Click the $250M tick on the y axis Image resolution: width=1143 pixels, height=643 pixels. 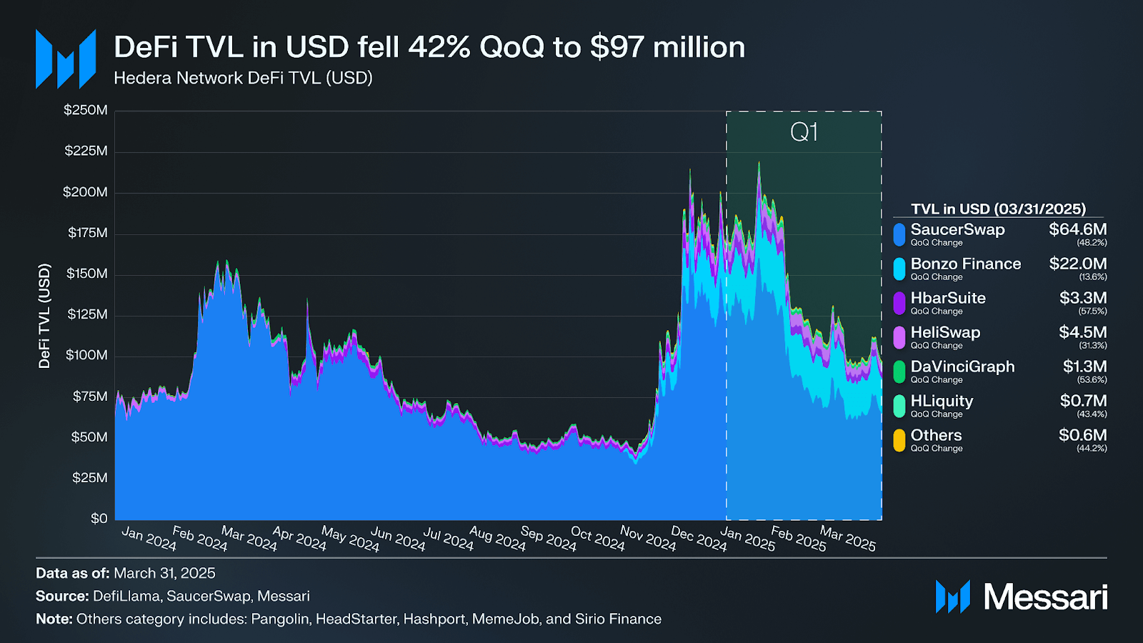86,110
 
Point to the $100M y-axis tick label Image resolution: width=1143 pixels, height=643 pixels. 86,355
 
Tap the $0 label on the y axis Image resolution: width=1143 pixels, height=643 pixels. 99,518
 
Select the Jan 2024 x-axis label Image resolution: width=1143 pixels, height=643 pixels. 149,538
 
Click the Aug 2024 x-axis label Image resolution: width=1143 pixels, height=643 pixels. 497,538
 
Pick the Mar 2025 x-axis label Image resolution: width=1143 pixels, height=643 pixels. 847,538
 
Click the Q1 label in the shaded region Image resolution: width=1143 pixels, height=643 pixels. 804,132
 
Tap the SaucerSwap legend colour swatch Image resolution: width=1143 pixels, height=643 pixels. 899,234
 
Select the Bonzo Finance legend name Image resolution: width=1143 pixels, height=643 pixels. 966,264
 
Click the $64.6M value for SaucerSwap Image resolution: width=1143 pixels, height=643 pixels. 1077,229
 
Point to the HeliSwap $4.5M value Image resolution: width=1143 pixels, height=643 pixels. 1082,332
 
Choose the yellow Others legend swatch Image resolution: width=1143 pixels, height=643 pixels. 899,440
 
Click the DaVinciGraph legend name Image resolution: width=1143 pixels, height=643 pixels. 962,367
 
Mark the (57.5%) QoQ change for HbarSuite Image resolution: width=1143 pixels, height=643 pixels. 1092,311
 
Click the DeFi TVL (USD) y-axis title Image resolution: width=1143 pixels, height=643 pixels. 44,316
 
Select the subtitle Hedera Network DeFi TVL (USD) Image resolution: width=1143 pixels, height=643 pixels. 243,78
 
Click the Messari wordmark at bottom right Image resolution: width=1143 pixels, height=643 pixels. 1045,597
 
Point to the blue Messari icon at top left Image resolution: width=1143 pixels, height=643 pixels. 66,59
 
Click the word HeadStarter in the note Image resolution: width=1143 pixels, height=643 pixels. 356,619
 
